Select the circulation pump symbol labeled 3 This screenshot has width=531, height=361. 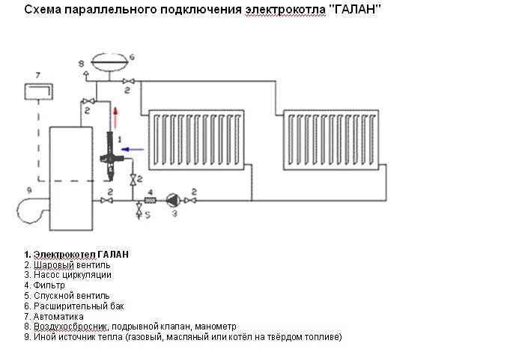point(171,201)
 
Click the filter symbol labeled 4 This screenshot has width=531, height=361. point(150,201)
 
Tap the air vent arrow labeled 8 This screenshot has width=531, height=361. point(87,73)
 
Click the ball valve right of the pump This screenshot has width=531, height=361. point(192,201)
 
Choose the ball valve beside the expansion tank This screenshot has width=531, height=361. point(129,81)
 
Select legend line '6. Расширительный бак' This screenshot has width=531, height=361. point(73,306)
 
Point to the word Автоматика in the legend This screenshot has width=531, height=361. point(59,316)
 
